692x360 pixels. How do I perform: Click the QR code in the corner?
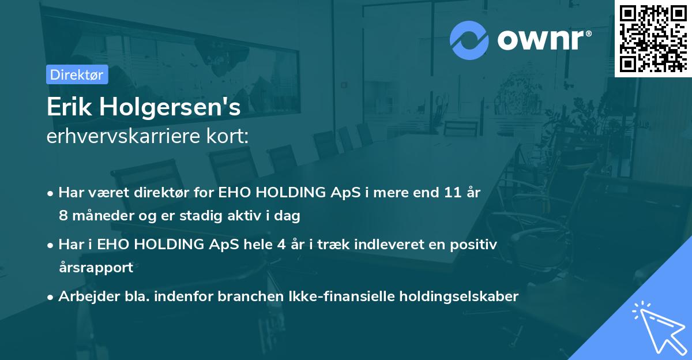coord(653,38)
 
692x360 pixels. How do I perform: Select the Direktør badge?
coord(77,74)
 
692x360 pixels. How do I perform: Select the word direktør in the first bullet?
coord(147,192)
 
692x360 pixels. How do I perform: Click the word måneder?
coord(100,216)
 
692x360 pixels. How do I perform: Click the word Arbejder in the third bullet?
coord(83,296)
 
